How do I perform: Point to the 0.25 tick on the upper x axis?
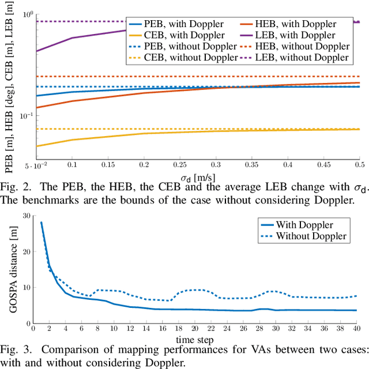pos(179,164)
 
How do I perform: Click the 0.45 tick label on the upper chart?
pos(323,164)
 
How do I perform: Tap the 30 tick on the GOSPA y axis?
pos(27,216)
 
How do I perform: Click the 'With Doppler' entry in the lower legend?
pos(304,225)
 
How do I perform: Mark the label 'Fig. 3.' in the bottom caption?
pos(17,349)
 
